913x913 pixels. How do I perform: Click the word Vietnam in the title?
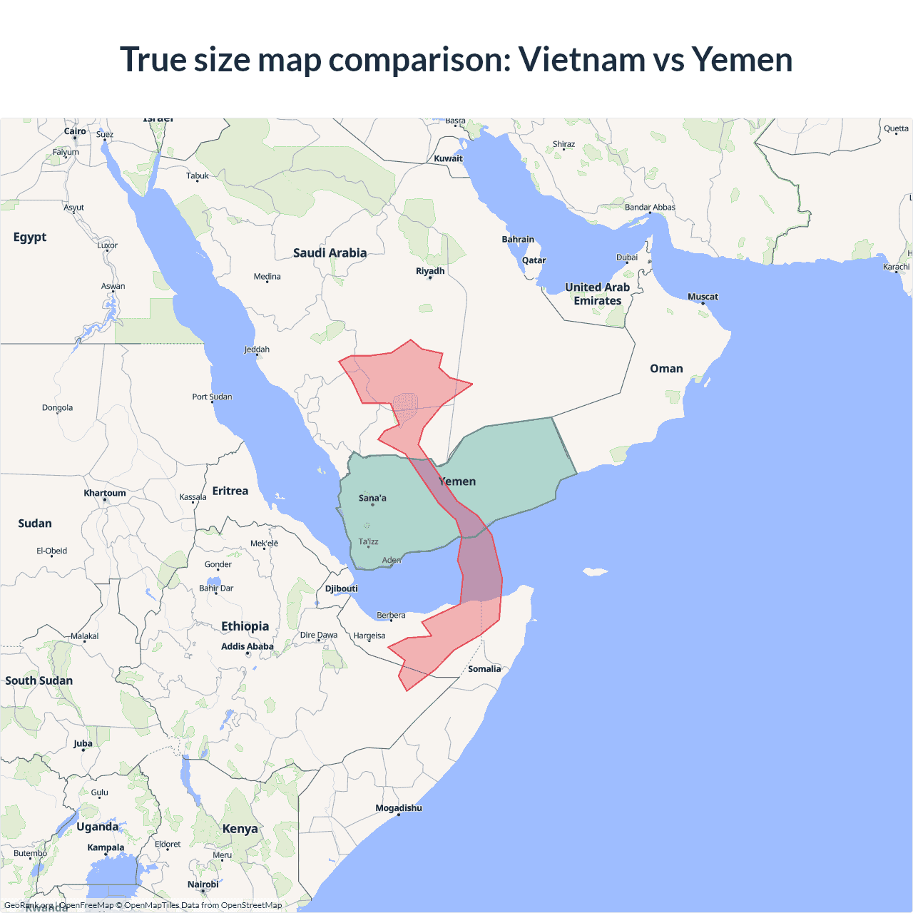(581, 59)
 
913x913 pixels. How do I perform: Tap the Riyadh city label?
(430, 271)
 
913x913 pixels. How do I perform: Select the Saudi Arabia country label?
(330, 253)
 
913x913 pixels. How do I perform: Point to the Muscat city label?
(703, 297)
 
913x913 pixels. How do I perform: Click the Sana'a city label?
(372, 498)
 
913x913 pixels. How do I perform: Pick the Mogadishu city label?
(399, 808)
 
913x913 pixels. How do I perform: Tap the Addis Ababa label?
(248, 646)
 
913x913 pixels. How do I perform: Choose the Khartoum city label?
(105, 493)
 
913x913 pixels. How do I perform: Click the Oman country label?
(666, 369)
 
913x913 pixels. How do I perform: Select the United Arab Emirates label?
(598, 294)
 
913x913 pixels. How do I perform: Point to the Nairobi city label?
(203, 884)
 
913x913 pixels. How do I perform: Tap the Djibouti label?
(342, 588)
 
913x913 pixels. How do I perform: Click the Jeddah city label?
(257, 350)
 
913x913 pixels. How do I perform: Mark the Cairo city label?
(75, 131)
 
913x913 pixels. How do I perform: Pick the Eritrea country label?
(230, 491)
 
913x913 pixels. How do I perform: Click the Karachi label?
(897, 267)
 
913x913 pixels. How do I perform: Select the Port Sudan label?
(212, 397)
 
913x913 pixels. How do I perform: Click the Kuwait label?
(449, 158)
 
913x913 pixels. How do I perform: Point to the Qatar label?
(534, 260)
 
